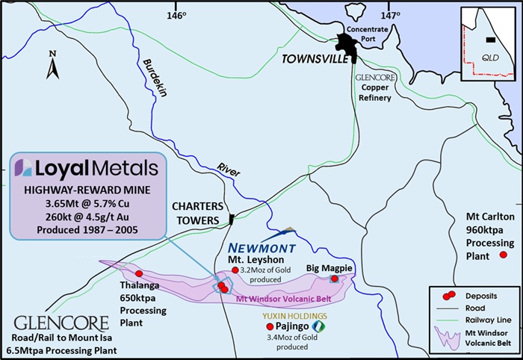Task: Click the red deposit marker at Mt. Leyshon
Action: click(235, 270)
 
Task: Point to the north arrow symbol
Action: click(52, 68)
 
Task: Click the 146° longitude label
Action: click(176, 14)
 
